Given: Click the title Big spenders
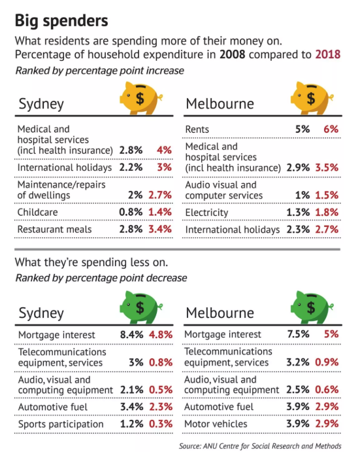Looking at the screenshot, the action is [61, 22].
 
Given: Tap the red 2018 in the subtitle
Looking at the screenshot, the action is [328, 55].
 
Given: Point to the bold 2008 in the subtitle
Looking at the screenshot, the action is [232, 55].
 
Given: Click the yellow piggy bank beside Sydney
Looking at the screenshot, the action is [140, 98].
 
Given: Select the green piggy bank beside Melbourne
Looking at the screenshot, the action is [312, 307].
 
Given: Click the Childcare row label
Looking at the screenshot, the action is [37, 213].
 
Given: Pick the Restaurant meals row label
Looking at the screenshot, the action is [55, 230].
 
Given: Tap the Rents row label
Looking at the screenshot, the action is [197, 129].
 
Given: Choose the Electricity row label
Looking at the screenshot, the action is [207, 213].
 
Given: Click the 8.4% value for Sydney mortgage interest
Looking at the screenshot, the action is [131, 335].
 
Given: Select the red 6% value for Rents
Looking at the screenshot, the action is [331, 129].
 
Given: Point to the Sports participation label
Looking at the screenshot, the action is [61, 424].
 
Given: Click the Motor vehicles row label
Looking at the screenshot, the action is [216, 424].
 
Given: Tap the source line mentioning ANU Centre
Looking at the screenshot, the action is [260, 446].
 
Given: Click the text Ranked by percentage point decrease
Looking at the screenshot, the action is [101, 278].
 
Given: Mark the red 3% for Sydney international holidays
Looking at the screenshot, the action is [165, 167].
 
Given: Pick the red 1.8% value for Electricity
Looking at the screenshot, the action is [327, 213].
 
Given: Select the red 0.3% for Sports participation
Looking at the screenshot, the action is [161, 424].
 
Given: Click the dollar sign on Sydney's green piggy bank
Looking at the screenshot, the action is [140, 307].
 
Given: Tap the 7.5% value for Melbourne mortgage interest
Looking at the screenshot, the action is [299, 334].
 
